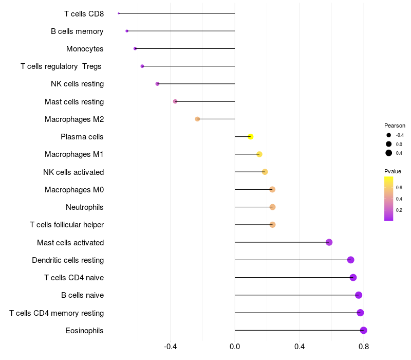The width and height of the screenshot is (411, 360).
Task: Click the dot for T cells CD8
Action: pos(119,13)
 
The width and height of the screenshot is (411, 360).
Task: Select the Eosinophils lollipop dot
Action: pos(364,330)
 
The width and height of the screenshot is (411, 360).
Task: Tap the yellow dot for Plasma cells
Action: pos(251,137)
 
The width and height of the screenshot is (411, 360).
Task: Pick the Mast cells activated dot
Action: pos(329,242)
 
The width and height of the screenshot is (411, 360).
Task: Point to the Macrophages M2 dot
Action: pos(197,119)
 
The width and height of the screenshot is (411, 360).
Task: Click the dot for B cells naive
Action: pos(359,295)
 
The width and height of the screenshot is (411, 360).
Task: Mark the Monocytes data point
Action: pos(135,48)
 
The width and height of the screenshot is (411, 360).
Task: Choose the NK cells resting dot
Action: pos(158,84)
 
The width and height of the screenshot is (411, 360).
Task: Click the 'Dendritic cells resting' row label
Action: pos(68,260)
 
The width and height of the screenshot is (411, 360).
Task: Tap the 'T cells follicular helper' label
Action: pos(67,225)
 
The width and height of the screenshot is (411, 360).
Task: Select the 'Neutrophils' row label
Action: pos(85,207)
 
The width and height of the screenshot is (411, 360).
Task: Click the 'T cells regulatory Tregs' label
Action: pos(61,66)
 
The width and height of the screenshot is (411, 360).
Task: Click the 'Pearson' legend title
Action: pos(395,125)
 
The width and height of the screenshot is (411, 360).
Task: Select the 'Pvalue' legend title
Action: pos(393,171)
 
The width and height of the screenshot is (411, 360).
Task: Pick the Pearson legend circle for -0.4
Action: pos(389,135)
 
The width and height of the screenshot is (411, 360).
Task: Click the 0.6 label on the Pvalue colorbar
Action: pos(399,187)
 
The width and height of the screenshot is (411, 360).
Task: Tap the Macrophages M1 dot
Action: pos(259,154)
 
